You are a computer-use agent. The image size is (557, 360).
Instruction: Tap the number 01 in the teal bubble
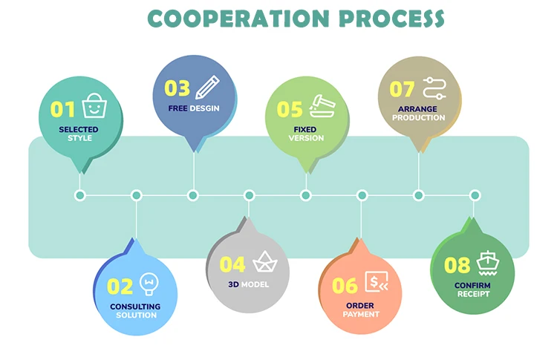click(x=63, y=110)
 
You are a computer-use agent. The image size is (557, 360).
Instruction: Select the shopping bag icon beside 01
click(x=93, y=106)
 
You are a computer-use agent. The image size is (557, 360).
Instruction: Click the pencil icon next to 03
click(x=208, y=86)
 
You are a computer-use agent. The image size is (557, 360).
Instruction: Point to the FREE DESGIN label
click(x=193, y=108)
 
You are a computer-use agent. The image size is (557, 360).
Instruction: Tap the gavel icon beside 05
click(x=322, y=107)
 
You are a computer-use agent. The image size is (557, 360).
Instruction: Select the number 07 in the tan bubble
click(x=402, y=89)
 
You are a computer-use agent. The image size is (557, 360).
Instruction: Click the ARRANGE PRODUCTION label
click(x=419, y=114)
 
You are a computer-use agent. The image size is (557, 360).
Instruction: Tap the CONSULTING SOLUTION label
click(x=136, y=311)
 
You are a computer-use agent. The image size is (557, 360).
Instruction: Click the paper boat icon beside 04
click(x=264, y=262)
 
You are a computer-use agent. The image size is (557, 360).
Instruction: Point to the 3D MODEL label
click(x=248, y=285)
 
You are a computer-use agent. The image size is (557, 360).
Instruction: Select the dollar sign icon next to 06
click(x=377, y=283)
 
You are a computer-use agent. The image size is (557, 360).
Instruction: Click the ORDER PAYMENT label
click(x=361, y=310)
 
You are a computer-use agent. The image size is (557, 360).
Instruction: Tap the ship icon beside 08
click(x=488, y=262)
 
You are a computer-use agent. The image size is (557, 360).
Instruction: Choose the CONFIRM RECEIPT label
click(x=472, y=289)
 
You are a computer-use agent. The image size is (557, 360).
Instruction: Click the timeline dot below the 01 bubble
click(x=80, y=195)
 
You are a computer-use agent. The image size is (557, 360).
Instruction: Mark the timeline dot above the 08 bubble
click(x=475, y=195)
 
